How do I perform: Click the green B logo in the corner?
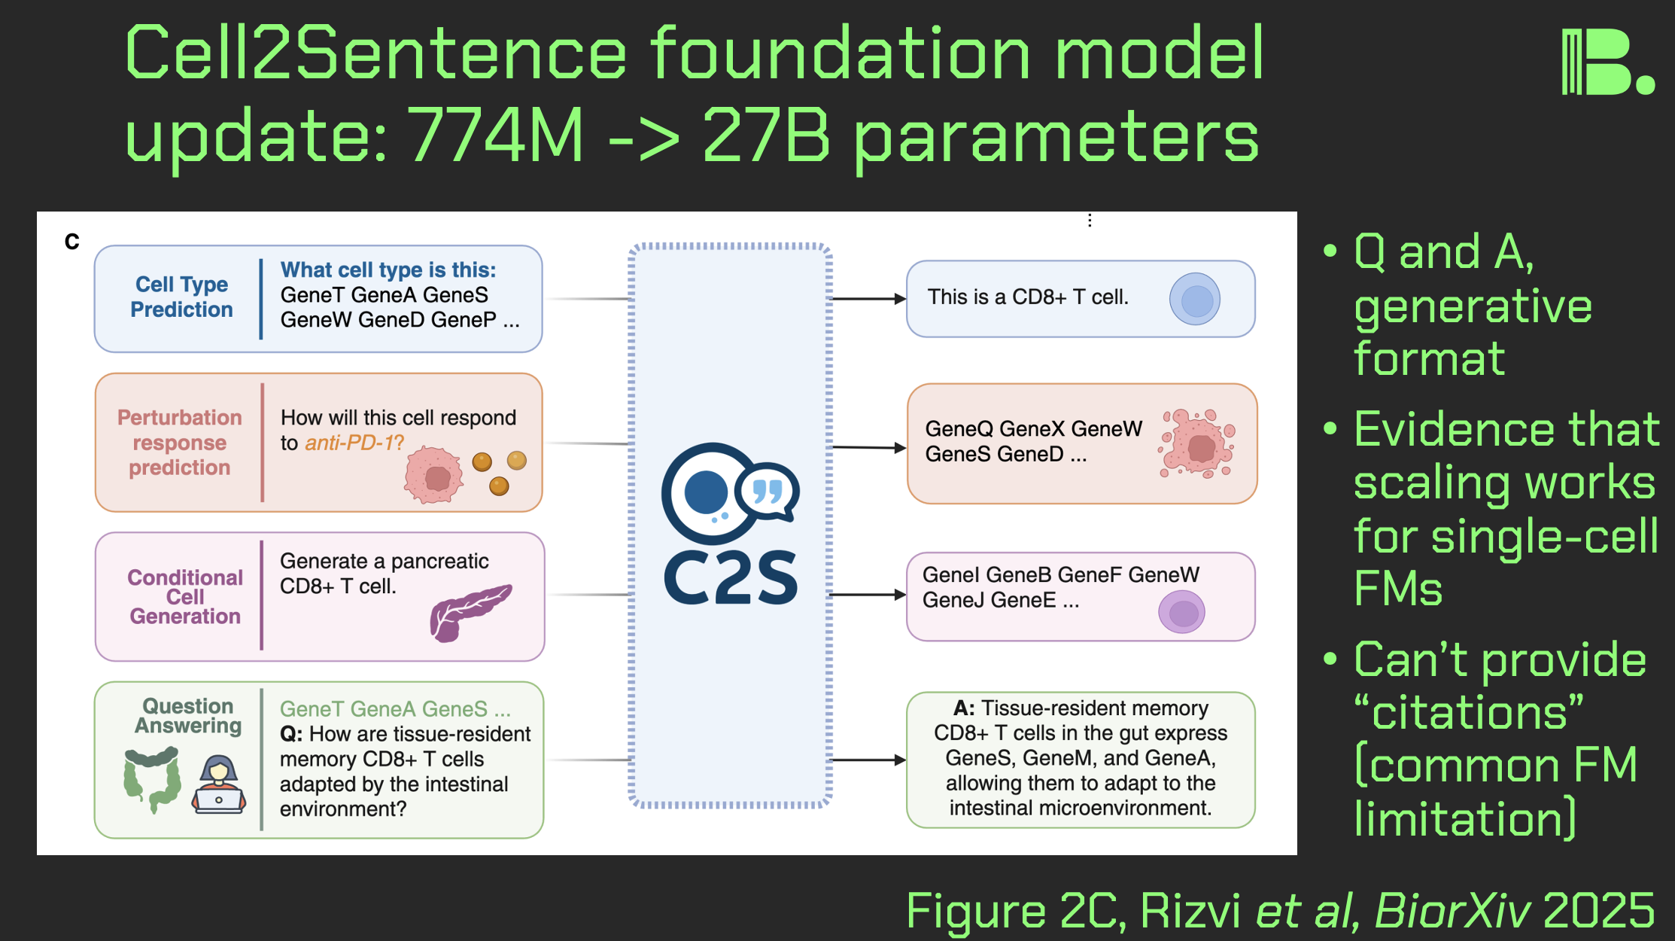1607,62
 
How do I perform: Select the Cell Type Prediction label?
181,297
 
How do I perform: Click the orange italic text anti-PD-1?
354,443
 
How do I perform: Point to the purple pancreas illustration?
468,611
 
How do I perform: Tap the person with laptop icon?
219,784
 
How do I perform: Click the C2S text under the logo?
730,578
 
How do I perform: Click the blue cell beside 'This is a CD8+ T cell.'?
1195,300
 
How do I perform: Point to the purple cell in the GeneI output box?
1181,612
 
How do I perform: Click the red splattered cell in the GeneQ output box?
1198,444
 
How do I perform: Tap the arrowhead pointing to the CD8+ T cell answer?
899,299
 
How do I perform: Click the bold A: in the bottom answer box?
964,708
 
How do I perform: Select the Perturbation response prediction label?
180,443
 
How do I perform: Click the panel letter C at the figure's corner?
72,242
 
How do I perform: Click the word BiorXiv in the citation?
1452,911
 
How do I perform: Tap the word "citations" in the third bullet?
1468,712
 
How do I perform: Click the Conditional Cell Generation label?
185,597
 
